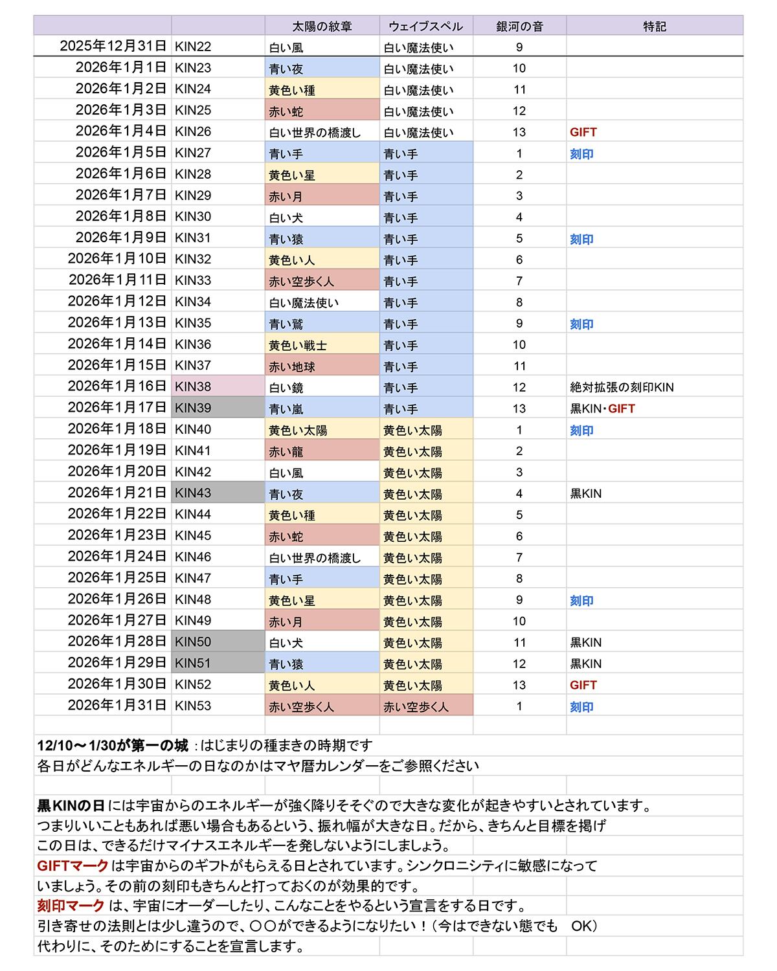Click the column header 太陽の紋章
point(322,27)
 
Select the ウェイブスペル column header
point(425,27)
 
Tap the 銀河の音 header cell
point(519,27)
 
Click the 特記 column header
point(654,27)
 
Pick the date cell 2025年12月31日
point(113,47)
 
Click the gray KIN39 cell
point(218,408)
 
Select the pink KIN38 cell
point(218,386)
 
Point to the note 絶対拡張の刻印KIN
point(622,387)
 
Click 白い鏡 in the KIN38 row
point(286,387)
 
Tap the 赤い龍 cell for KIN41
point(286,451)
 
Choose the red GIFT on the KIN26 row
point(583,132)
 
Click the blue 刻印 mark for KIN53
point(581,707)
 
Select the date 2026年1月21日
point(117,493)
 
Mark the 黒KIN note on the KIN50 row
point(585,642)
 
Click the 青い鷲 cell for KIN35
point(286,324)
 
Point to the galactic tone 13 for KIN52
point(519,685)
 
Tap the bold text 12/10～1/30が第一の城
point(113,746)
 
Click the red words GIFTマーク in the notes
point(73,865)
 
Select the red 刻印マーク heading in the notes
point(71,906)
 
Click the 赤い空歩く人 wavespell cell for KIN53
point(416,706)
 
